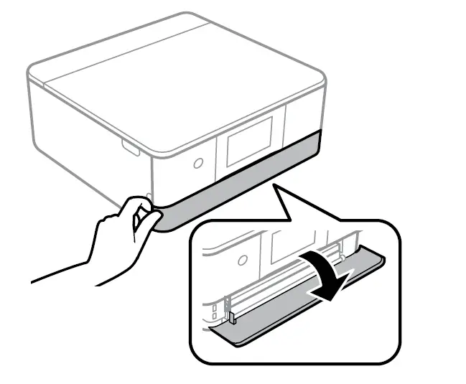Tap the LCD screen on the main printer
pos(248,141)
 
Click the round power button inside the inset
pos(242,258)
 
